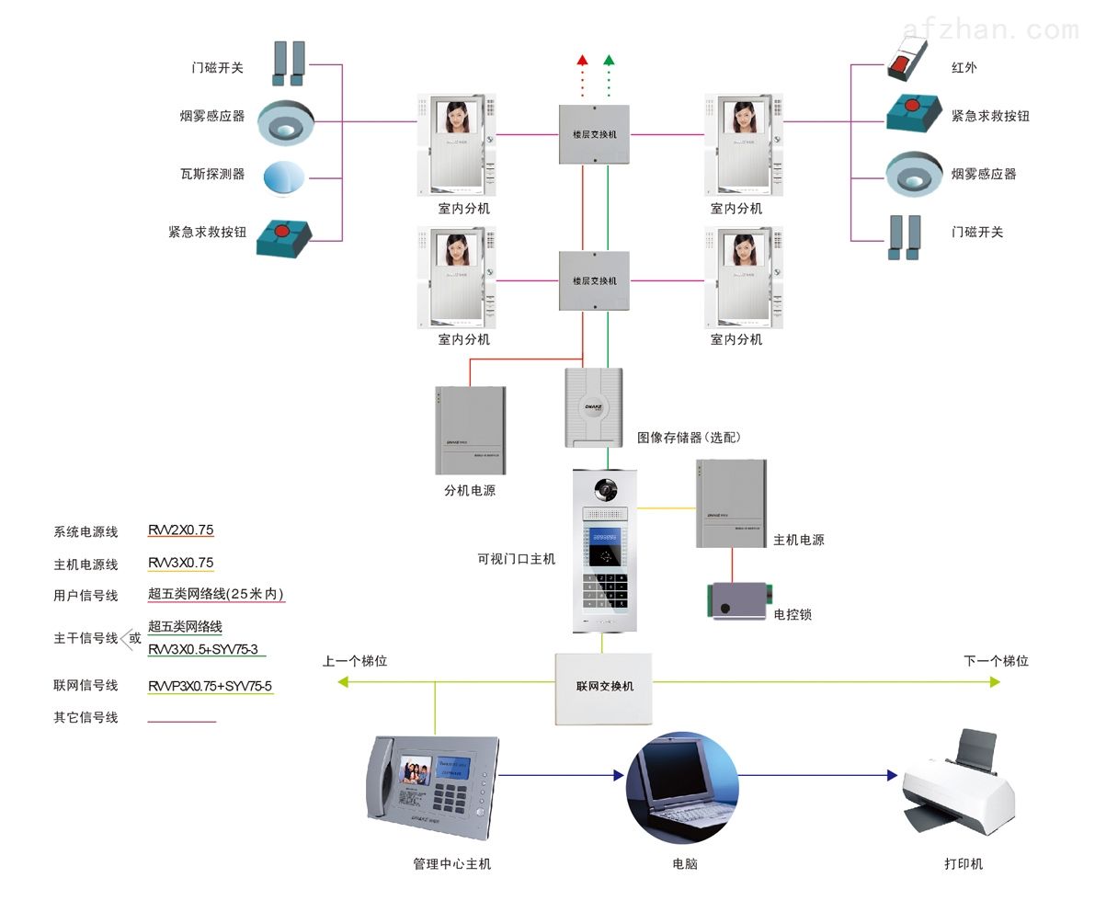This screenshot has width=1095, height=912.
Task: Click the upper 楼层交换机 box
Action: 594,134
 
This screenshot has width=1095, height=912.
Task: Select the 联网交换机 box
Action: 603,687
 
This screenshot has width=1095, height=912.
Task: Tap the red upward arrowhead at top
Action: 582,60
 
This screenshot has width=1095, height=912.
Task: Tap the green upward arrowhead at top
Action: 608,60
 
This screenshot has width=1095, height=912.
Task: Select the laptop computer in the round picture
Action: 681,788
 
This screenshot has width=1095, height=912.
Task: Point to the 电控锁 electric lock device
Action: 737,600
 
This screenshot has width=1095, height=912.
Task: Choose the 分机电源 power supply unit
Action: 470,429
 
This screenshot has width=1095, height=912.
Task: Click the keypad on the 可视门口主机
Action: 604,591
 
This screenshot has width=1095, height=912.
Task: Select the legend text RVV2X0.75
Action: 181,530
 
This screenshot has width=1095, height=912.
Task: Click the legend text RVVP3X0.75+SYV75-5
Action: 211,686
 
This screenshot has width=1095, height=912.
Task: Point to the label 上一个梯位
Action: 355,661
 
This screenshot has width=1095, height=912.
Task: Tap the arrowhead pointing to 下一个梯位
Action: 994,682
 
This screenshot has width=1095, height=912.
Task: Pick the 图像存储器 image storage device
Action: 593,406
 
